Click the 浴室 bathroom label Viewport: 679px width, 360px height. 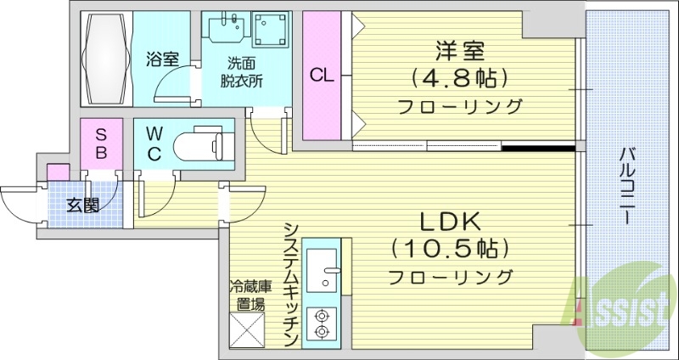[x=161, y=59]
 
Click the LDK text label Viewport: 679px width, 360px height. [x=452, y=222]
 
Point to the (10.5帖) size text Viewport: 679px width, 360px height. [x=452, y=250]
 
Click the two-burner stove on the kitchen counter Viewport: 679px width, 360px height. [x=323, y=323]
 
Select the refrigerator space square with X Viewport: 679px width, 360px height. [x=247, y=330]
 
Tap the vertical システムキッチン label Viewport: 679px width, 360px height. [x=290, y=284]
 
